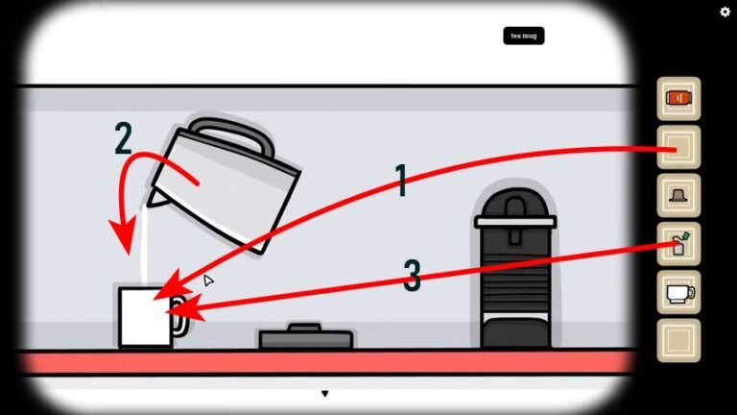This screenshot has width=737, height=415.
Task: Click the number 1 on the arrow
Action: tap(402, 180)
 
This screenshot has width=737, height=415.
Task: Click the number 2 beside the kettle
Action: tap(123, 139)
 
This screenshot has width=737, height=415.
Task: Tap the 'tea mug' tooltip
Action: tap(524, 37)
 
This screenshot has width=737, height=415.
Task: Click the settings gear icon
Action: tap(725, 12)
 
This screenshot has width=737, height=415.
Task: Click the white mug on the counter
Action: tap(145, 317)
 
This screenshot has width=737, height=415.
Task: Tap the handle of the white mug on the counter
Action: tap(178, 316)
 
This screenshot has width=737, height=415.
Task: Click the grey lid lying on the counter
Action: tap(305, 337)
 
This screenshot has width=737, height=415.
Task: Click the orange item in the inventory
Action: tap(678, 98)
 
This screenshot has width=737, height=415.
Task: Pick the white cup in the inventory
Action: tap(678, 292)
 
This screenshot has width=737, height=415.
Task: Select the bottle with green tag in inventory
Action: tap(678, 244)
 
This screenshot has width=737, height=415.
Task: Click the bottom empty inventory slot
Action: tap(678, 340)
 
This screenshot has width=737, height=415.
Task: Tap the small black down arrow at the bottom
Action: tap(325, 394)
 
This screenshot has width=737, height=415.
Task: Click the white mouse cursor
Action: tap(207, 281)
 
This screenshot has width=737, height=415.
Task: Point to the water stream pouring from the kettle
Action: tap(143, 245)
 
